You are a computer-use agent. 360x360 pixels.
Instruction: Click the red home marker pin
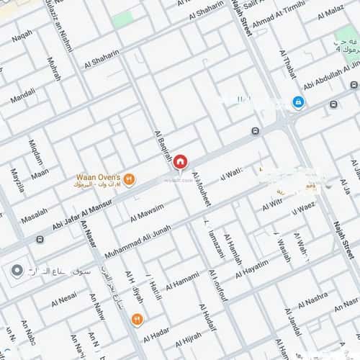point(180,161)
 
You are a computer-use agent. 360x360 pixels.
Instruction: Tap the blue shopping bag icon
point(298,103)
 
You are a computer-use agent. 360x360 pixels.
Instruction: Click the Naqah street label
point(22,33)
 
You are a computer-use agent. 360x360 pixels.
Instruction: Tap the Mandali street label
point(22,93)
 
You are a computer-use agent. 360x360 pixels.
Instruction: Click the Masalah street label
point(35,216)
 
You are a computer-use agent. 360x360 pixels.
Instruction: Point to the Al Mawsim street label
point(147,212)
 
